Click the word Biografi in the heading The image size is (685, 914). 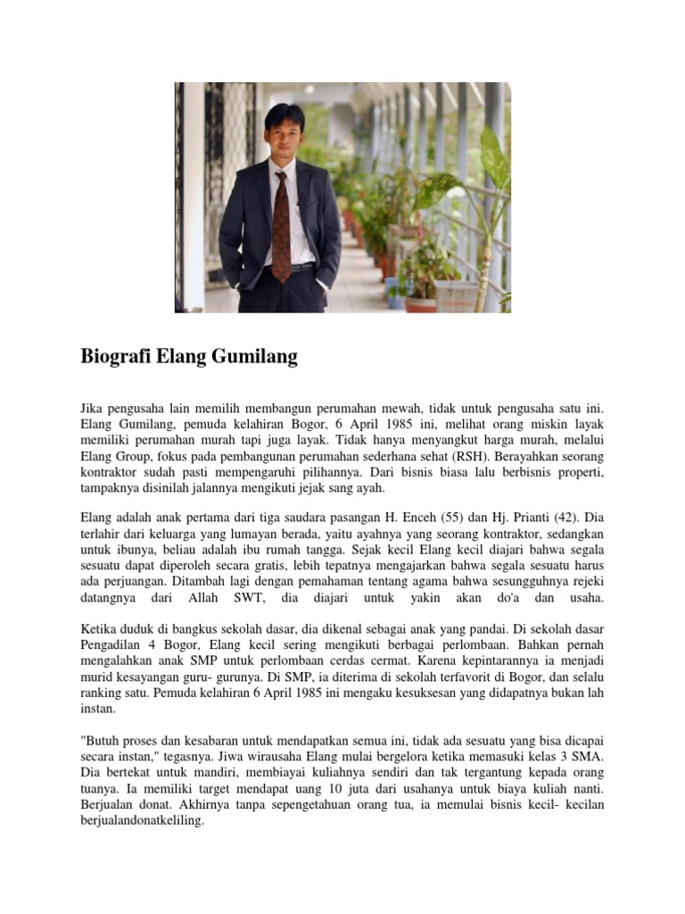click(x=115, y=358)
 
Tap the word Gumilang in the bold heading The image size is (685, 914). click(x=252, y=358)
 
